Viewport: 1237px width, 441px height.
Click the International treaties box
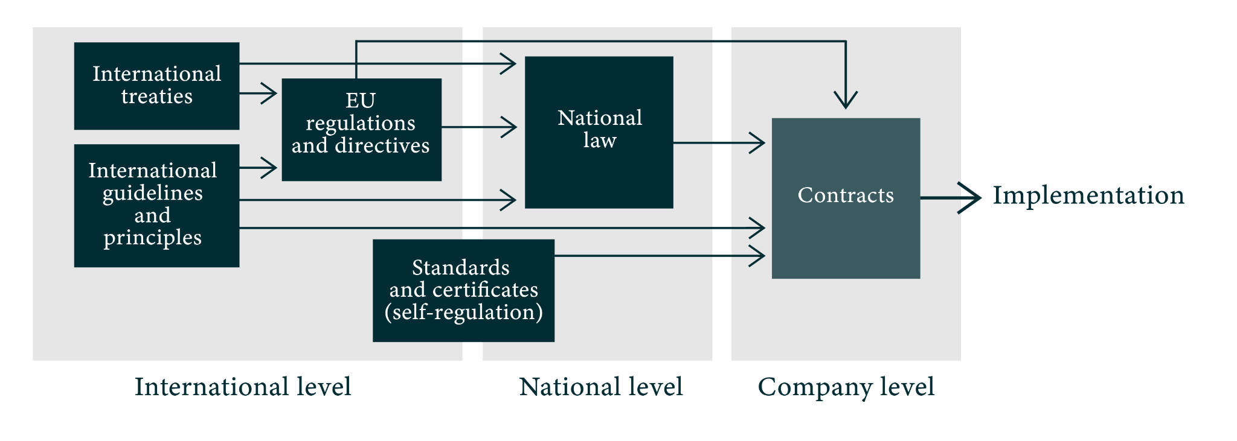[x=156, y=86]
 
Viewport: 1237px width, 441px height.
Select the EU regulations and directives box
[x=361, y=130]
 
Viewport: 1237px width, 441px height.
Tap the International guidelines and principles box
[x=156, y=206]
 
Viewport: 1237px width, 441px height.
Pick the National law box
[x=599, y=132]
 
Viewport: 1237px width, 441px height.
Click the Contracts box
[x=846, y=198]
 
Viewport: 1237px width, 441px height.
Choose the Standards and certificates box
[x=463, y=291]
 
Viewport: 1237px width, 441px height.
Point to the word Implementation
[x=1088, y=195]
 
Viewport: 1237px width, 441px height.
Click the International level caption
[x=243, y=387]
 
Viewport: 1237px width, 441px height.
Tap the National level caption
[x=601, y=387]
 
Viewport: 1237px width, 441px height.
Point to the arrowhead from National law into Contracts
[x=758, y=143]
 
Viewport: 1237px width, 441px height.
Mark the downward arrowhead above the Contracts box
[x=846, y=100]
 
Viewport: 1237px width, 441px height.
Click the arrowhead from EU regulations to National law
[x=509, y=127]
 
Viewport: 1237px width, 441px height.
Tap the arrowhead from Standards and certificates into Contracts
[x=758, y=256]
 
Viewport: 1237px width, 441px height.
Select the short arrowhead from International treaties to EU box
[x=269, y=94]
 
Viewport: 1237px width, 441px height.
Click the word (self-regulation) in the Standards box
[x=463, y=313]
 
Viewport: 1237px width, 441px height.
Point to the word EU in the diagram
[x=361, y=100]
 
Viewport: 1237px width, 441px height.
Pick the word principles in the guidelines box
[x=152, y=238]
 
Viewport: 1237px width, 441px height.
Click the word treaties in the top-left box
[x=156, y=97]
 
